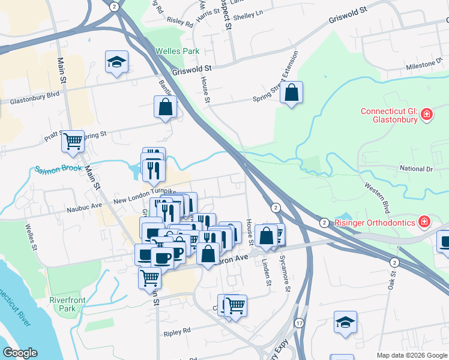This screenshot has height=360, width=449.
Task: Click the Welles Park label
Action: [177, 52]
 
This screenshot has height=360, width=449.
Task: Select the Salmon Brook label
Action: [58, 169]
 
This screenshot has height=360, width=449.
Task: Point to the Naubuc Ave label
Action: [85, 205]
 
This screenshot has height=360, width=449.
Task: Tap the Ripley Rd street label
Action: [176, 331]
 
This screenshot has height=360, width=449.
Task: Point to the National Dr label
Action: [416, 169]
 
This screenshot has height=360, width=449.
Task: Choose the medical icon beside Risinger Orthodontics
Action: [425, 223]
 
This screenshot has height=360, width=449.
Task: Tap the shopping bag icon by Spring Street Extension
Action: [291, 92]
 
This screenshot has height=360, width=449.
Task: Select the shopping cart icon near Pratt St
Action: [73, 142]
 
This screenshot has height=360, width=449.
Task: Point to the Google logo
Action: [20, 353]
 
